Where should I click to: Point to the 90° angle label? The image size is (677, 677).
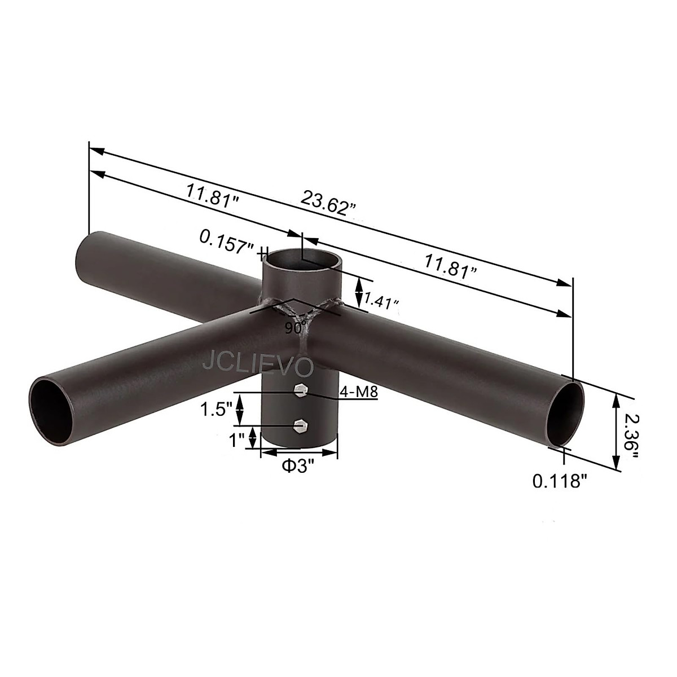[x=295, y=327]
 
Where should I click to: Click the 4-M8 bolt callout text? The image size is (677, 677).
[x=358, y=392]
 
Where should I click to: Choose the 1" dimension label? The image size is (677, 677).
[x=236, y=438]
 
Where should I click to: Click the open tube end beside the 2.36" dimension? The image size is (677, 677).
[x=566, y=415]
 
